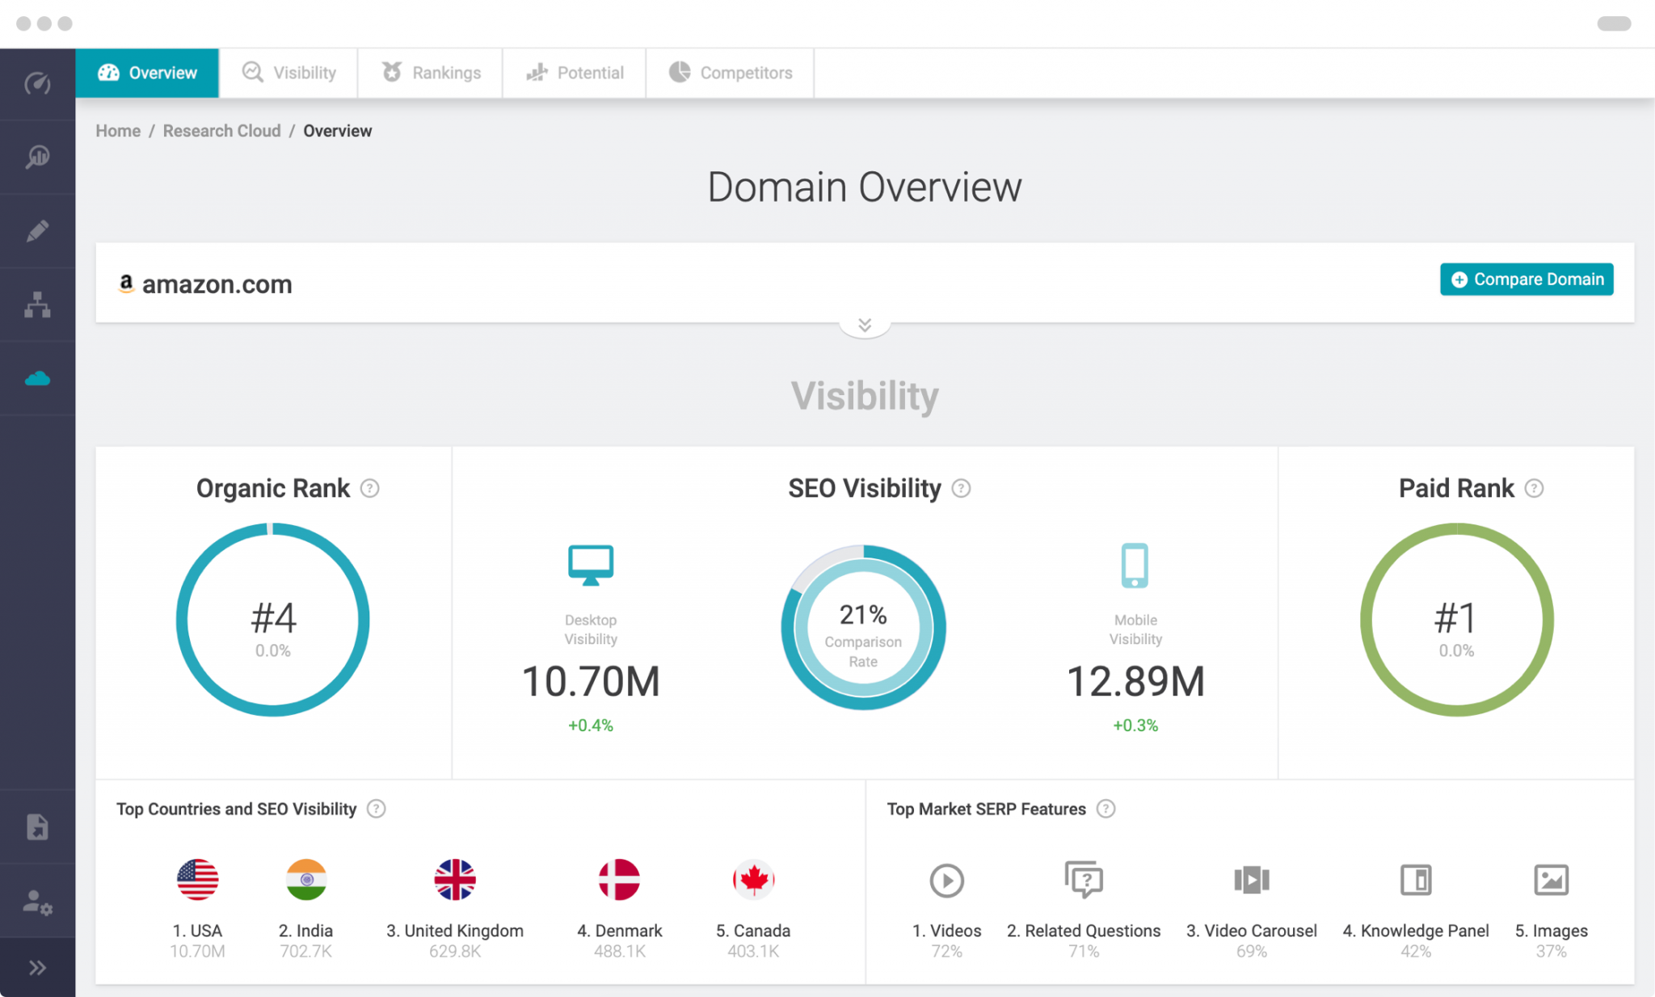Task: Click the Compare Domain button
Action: pos(1526,280)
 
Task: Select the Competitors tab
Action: pos(731,73)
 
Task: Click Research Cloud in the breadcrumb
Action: pos(221,131)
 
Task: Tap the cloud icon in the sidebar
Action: pos(37,378)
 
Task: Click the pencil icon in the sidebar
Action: pos(37,231)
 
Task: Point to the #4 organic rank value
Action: pos(273,618)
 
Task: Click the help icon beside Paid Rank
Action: pos(1533,489)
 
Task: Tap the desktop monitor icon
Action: pos(591,564)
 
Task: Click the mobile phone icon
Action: pos(1135,565)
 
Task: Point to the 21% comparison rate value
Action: pos(863,615)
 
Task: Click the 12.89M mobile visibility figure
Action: pos(1135,681)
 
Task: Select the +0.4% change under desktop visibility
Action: pos(591,726)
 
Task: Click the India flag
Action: pos(306,880)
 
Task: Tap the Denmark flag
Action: pos(619,880)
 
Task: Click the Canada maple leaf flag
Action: pos(753,880)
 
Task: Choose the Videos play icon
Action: pos(946,881)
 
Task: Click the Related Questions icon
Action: pos(1084,879)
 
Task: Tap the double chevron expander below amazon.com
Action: pos(865,325)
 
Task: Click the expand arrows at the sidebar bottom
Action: pos(37,968)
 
